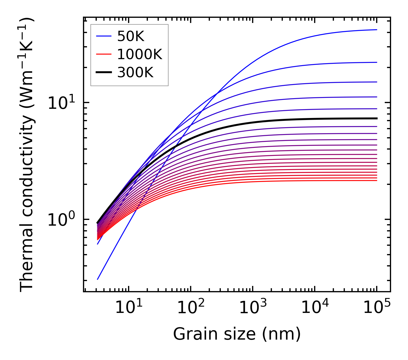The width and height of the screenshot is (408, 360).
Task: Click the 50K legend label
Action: point(131,36)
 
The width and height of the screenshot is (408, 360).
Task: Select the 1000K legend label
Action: point(140,54)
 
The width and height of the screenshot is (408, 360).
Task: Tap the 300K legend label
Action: point(135,73)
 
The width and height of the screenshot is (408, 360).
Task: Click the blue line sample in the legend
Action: point(104,36)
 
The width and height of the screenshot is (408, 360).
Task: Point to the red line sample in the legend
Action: point(104,54)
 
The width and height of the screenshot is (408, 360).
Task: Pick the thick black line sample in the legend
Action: point(104,73)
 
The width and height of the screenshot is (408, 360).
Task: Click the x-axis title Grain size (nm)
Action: point(237,334)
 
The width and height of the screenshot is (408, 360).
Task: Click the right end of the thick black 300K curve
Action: point(377,118)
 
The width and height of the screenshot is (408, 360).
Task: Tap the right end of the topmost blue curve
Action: point(377,30)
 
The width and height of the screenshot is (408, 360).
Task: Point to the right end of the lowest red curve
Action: point(377,180)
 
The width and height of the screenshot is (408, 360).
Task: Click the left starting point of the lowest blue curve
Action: point(98,279)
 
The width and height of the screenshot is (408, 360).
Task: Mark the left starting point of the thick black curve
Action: point(98,223)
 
